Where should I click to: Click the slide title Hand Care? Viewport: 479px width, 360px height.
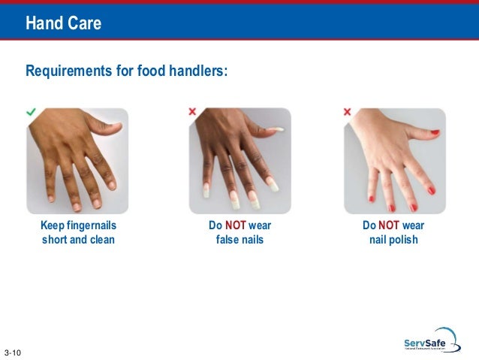coord(63,24)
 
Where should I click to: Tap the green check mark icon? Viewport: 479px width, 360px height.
coord(31,111)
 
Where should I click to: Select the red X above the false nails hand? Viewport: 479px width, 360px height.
coord(192,111)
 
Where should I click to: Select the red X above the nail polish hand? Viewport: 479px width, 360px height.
coord(347,111)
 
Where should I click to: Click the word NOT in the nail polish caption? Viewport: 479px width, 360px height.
coord(389,226)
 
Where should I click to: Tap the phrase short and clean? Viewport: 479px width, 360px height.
coord(78,241)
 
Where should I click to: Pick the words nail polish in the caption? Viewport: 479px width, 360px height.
coord(393,241)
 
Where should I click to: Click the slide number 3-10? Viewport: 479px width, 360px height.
coord(13,352)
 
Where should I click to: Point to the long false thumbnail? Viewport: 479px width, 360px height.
coord(278,130)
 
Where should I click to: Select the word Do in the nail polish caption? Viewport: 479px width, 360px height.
coord(369,226)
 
